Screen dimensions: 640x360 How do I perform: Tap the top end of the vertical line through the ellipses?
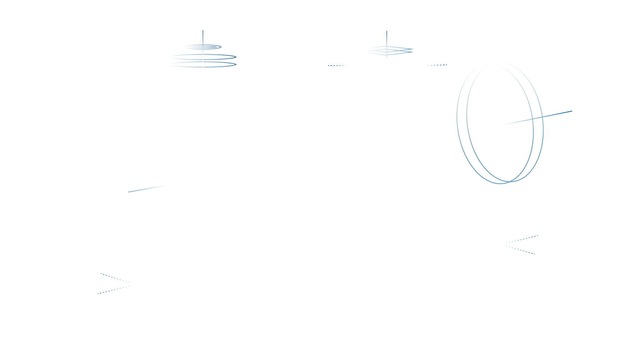[203, 31]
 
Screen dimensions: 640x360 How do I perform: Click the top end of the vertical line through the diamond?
[387, 31]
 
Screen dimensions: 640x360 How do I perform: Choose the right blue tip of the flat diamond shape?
[412, 50]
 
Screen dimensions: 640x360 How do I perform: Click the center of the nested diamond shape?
[387, 50]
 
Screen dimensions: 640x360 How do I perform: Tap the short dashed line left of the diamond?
[339, 66]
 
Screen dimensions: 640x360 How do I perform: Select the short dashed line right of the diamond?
[436, 65]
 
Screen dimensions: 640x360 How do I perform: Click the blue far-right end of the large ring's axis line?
[572, 111]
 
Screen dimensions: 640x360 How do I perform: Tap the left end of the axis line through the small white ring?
[129, 192]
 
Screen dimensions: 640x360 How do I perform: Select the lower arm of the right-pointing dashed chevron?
[116, 289]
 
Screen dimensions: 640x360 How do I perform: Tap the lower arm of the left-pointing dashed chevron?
[518, 249]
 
